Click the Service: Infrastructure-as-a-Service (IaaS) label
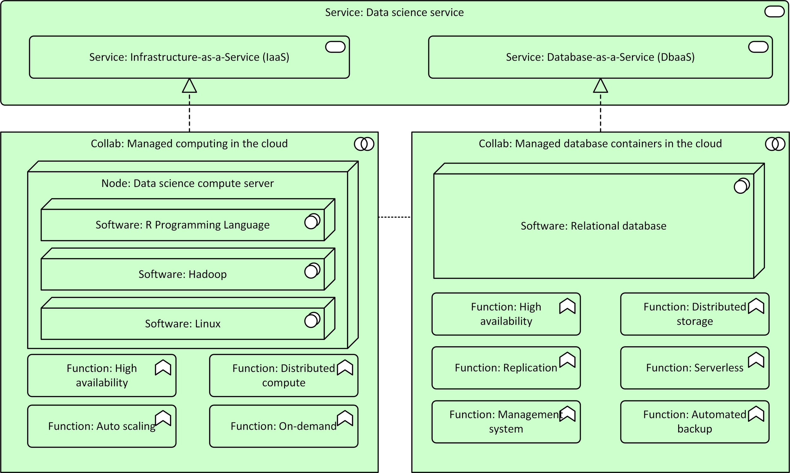coord(189,57)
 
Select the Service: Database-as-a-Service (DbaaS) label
coord(600,57)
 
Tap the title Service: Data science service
coord(394,12)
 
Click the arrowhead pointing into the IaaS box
coord(189,86)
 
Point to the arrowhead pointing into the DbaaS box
coord(600,86)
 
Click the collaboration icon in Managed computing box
coord(364,144)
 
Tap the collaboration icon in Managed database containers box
coord(775,144)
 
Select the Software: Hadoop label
coord(182,274)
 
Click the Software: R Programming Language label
coord(182,225)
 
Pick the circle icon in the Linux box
coord(312,320)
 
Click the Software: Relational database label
coord(593,226)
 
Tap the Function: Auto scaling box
coord(102,426)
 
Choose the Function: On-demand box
coord(283,426)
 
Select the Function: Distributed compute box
coord(283,375)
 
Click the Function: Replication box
coord(506,368)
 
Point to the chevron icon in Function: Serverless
coord(756,360)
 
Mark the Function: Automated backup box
coord(694,422)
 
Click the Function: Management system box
coord(506,422)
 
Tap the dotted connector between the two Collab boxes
coord(394,217)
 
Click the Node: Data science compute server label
coord(187,183)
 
